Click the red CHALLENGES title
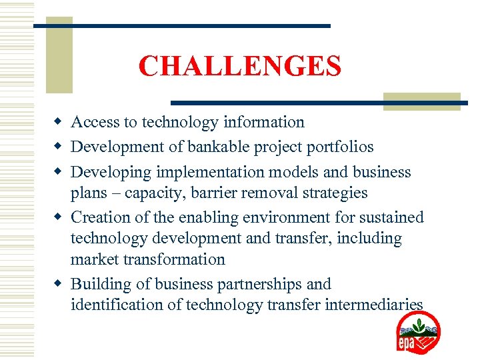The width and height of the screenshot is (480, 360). click(x=240, y=66)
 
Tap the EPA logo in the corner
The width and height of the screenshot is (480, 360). click(x=418, y=332)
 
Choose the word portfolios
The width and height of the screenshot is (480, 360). click(x=337, y=147)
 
